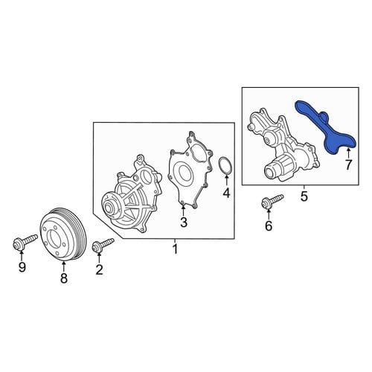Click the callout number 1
(176, 249)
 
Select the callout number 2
(99, 269)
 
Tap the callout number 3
(183, 222)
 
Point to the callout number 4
(226, 193)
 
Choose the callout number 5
(304, 196)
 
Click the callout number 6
(269, 225)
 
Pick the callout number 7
(348, 165)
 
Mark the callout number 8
(64, 278)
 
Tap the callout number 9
(22, 267)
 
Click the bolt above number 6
(272, 202)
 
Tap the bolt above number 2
(103, 245)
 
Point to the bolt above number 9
(25, 241)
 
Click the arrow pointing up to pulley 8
(64, 266)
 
